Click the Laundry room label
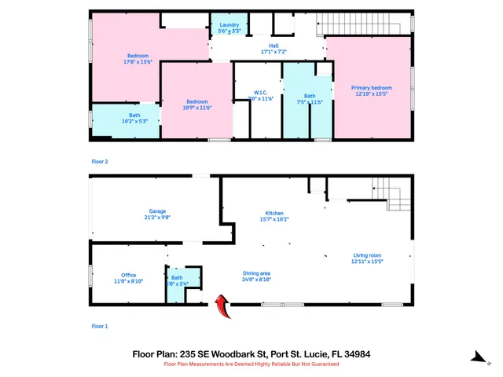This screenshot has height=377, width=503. [229, 25]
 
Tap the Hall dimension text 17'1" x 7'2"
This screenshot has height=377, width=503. [274, 53]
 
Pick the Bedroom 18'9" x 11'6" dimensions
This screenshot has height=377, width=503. [197, 107]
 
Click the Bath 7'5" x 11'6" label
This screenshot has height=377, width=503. [310, 96]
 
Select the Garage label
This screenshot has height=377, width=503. [157, 210]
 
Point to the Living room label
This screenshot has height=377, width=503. [366, 255]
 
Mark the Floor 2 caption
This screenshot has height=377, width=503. [100, 161]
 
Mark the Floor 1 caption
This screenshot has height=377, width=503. [100, 325]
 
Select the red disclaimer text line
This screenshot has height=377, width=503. [251, 364]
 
